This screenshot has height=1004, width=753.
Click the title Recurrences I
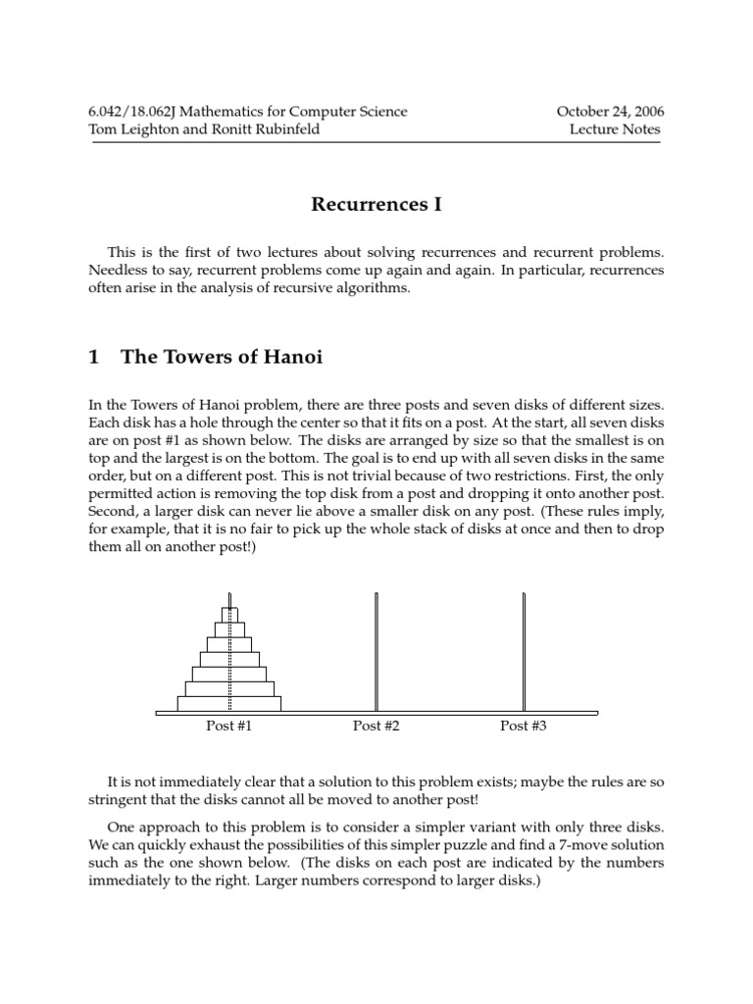point(376,204)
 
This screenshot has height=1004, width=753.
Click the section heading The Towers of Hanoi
point(222,358)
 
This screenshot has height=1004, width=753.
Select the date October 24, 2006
point(610,111)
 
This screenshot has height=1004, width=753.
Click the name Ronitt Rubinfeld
point(268,128)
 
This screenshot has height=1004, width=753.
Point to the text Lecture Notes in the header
point(615,128)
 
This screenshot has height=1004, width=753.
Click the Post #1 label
point(228,726)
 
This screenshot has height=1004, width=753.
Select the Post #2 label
point(376,726)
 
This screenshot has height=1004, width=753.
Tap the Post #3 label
point(524,726)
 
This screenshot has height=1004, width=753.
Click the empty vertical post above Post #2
point(376,647)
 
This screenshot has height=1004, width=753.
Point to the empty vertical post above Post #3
point(524,647)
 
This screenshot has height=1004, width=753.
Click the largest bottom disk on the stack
point(229,703)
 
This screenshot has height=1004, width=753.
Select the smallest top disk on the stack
point(229,615)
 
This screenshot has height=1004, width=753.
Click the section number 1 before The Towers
point(94,358)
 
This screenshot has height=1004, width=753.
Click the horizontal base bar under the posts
point(376,713)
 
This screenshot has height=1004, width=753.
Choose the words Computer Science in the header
point(353,111)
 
